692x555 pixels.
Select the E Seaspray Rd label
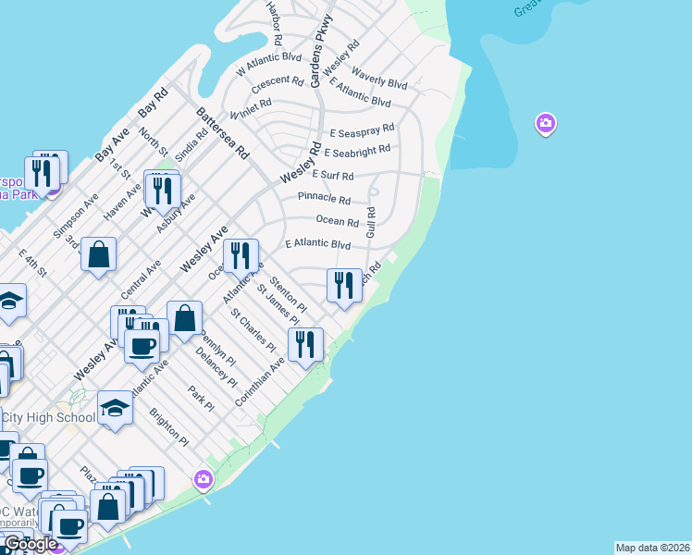[x=362, y=132]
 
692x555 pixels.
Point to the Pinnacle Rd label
[x=324, y=199]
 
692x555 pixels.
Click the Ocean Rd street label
[x=337, y=222]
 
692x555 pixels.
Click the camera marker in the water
[x=545, y=123]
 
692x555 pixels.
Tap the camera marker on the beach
[x=204, y=479]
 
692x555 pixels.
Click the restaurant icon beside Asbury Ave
[x=163, y=190]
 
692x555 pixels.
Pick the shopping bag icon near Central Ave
[x=98, y=253]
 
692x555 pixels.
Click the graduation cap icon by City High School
[x=115, y=408]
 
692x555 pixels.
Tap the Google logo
[x=31, y=545]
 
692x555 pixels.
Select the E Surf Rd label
[x=333, y=175]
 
